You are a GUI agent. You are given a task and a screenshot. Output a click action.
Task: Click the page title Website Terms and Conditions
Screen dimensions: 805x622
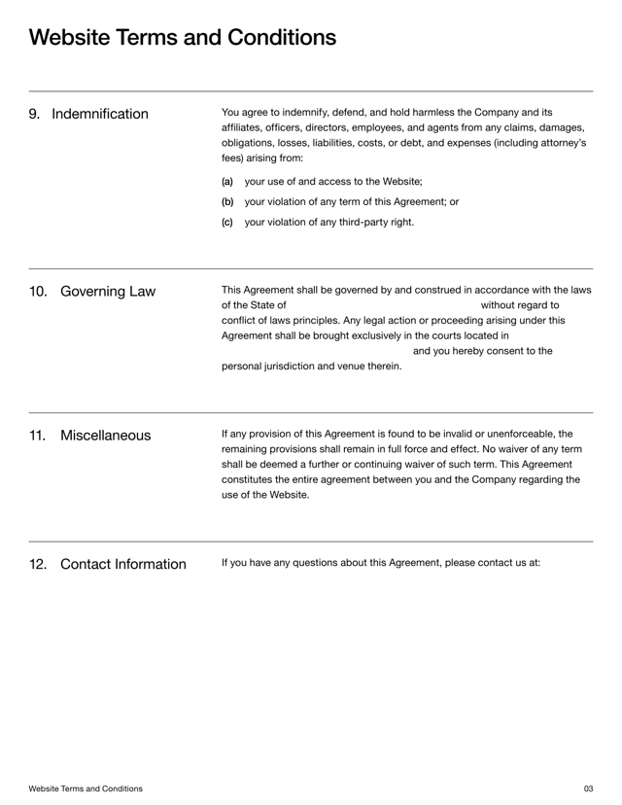[x=183, y=38]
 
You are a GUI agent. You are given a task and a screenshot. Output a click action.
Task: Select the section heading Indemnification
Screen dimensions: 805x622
[x=100, y=115]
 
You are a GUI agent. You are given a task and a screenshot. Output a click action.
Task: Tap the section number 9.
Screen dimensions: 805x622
[x=34, y=115]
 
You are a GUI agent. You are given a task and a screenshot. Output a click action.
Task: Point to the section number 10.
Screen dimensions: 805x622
[x=38, y=292]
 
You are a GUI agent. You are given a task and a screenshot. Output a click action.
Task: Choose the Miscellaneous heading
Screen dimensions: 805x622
[x=105, y=436]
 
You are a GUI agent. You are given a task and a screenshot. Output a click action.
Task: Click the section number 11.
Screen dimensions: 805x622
[x=38, y=436]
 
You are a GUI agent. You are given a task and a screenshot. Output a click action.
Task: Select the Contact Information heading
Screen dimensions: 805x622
[x=122, y=565]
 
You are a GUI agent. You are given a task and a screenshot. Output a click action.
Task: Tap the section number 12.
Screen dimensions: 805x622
[x=38, y=565]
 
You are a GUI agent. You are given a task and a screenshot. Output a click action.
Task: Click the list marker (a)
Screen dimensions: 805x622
[x=227, y=182]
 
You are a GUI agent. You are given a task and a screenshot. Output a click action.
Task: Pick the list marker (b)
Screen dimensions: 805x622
[x=227, y=202]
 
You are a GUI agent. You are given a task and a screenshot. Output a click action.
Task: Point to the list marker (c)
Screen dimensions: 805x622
[x=227, y=222]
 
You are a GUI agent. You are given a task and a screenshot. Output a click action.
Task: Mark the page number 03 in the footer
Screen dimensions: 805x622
[x=588, y=788]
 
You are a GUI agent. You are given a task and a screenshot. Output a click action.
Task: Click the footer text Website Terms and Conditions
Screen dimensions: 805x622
[x=86, y=788]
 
